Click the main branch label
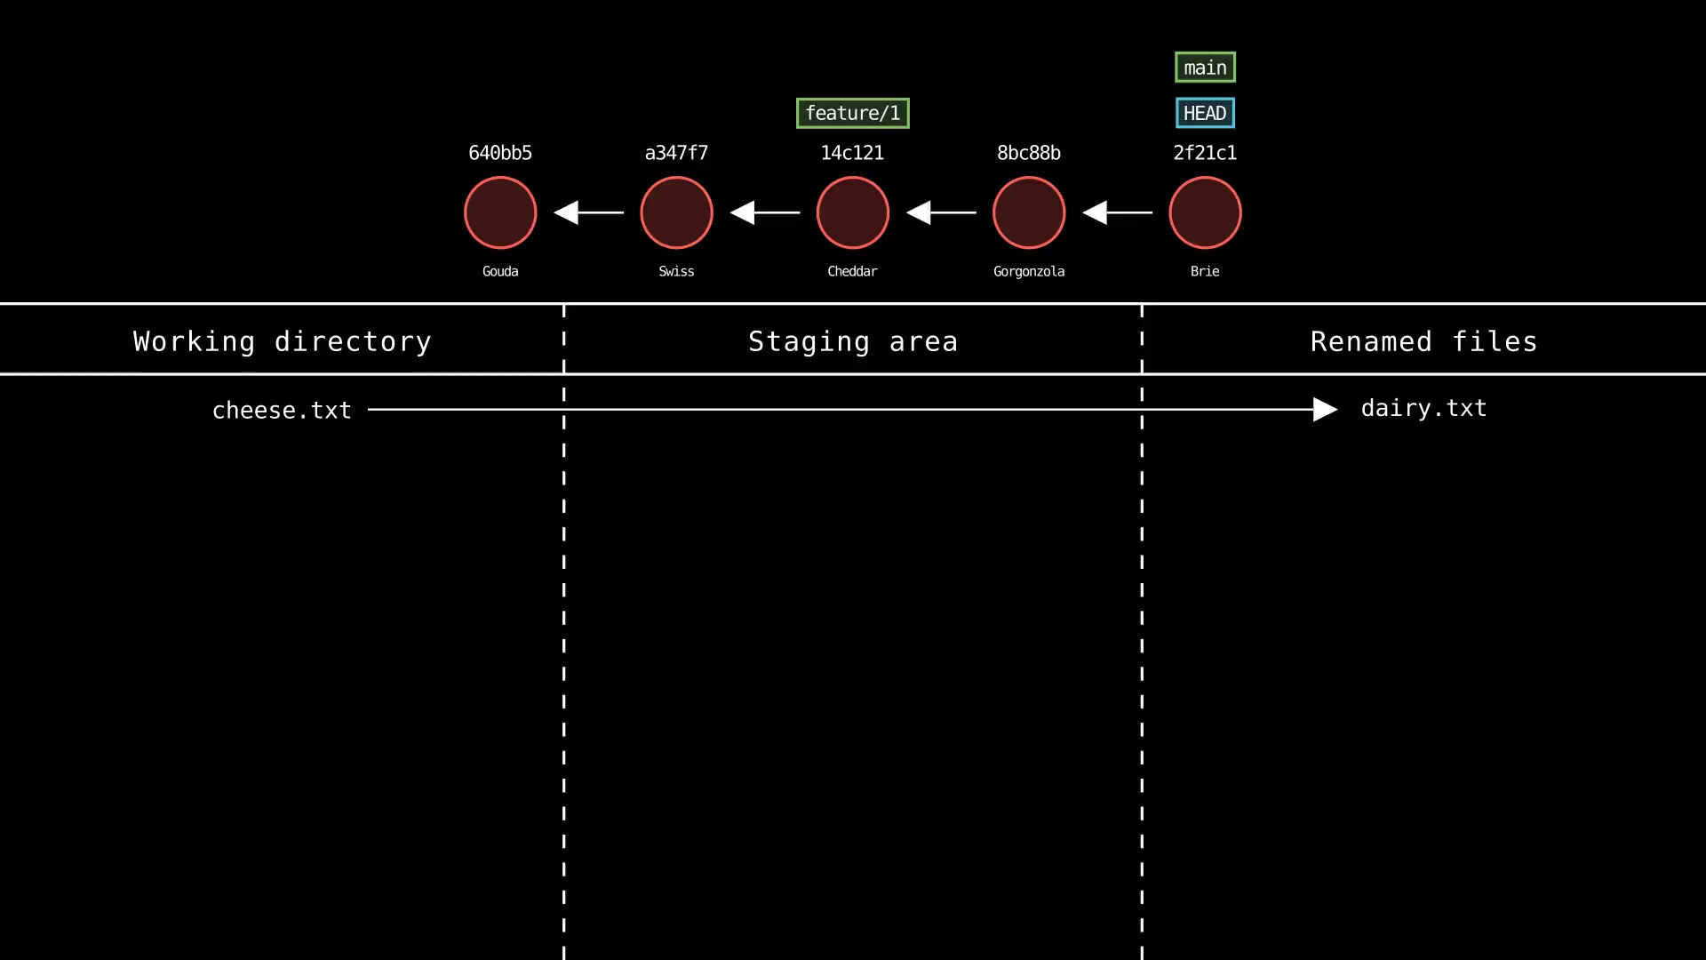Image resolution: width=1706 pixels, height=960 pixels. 1205,68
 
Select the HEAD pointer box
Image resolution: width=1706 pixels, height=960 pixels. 1205,113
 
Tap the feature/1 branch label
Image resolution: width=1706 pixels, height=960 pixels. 852,113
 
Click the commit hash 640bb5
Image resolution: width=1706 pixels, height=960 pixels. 500,153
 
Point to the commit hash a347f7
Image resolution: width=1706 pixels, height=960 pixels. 676,153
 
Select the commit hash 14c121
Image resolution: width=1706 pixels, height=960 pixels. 852,153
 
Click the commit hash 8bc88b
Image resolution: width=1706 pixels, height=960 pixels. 1028,153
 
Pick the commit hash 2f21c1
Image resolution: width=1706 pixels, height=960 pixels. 1205,153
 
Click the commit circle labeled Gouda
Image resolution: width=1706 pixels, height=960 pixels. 500,212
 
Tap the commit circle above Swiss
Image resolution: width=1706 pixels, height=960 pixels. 676,212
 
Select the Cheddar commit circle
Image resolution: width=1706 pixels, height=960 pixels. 852,212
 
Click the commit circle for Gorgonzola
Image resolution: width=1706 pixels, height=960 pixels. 1028,212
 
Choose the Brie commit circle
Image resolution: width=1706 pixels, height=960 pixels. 1205,212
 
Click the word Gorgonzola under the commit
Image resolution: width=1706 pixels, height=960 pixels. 1028,271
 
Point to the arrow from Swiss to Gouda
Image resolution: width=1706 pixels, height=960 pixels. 588,212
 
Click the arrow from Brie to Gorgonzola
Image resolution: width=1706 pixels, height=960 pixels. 1117,212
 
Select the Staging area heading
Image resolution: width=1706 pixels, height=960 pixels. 852,341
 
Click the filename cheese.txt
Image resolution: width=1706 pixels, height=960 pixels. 282,411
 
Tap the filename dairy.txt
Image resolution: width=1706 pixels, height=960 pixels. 1423,408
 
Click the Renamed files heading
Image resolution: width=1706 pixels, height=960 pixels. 1423,341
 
